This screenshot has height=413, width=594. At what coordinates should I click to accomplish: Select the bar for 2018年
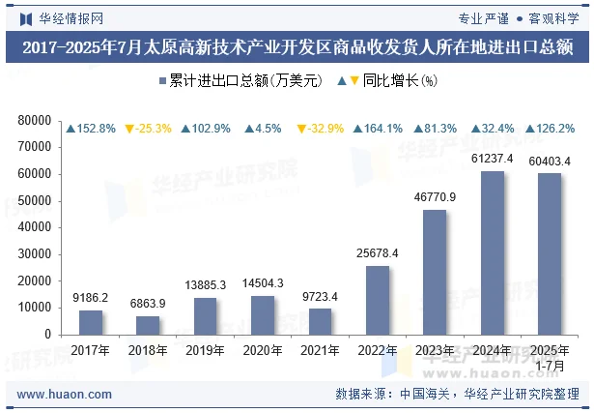click(x=148, y=325)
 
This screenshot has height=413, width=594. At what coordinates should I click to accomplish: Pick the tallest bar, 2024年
click(x=493, y=252)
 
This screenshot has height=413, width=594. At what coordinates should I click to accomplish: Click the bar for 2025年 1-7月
click(x=550, y=253)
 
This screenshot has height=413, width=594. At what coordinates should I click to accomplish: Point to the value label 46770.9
click(x=435, y=197)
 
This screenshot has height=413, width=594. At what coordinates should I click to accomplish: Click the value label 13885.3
click(x=205, y=285)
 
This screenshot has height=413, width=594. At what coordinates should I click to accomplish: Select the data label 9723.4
click(x=320, y=297)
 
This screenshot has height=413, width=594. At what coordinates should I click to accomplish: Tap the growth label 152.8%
click(x=92, y=129)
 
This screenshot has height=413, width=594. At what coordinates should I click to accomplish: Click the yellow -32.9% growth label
click(x=321, y=129)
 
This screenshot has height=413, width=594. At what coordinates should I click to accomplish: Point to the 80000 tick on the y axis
click(x=34, y=120)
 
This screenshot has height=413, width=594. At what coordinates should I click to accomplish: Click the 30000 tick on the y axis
click(x=34, y=253)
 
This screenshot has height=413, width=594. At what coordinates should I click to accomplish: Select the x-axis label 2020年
click(x=263, y=349)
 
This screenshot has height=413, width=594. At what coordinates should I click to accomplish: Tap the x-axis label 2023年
click(x=435, y=349)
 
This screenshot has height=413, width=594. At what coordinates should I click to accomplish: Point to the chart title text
click(x=297, y=46)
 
